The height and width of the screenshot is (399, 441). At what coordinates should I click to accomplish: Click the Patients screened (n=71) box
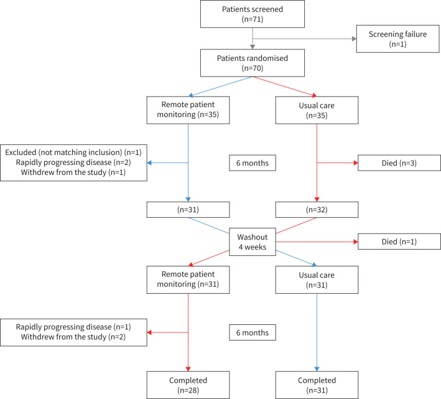(x=253, y=14)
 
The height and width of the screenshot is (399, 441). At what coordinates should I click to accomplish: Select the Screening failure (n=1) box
(x=397, y=39)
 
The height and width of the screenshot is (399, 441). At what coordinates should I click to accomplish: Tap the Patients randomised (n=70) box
(x=253, y=63)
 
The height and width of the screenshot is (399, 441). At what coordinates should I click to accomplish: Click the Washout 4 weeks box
(x=253, y=242)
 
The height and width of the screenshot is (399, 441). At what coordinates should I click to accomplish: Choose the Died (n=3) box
(x=399, y=163)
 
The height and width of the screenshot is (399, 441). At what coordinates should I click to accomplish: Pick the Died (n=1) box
(x=399, y=242)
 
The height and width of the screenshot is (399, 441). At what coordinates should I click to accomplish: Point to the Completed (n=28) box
(x=188, y=385)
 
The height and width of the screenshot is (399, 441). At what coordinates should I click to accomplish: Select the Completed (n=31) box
(x=317, y=385)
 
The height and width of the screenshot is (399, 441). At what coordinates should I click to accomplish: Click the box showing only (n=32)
(x=317, y=210)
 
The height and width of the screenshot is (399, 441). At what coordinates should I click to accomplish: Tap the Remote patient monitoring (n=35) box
(x=188, y=110)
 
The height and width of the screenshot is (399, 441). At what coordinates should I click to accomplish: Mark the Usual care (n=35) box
(x=317, y=110)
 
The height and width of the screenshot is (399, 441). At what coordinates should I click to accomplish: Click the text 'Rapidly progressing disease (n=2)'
(x=73, y=162)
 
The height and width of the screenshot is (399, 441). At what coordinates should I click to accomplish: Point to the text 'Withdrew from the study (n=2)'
(x=73, y=337)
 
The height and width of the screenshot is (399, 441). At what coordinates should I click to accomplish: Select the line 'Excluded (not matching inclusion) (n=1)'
(x=73, y=153)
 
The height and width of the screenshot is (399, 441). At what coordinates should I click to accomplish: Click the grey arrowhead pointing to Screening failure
(x=355, y=39)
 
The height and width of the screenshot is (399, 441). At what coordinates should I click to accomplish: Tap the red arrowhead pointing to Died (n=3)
(x=356, y=163)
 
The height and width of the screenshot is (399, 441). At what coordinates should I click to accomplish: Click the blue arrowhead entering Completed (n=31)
(x=317, y=369)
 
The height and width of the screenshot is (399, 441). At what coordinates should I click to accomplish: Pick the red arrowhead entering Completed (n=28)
(x=188, y=369)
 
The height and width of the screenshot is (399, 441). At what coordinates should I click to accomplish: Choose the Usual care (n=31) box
(x=317, y=279)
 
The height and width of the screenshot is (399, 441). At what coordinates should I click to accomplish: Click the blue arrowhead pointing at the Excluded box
(x=149, y=163)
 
